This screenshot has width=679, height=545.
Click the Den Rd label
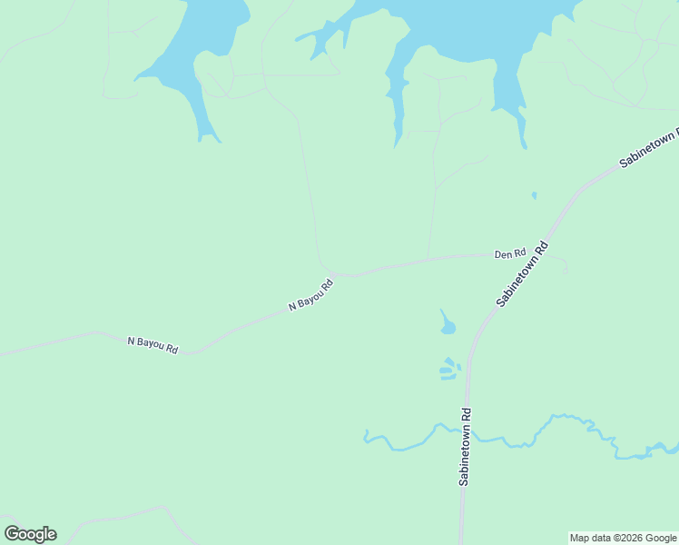coord(509,253)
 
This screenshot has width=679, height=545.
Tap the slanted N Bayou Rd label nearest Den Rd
coord(311,294)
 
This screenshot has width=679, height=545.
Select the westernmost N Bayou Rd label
coord(153,345)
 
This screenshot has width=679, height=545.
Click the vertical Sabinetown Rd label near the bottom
coord(465,447)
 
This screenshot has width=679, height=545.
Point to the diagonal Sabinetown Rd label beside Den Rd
coord(524,272)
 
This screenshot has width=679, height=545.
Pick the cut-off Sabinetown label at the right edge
coord(648,148)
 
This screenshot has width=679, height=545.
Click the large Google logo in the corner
coord(30,534)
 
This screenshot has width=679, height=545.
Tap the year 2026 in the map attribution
coord(626,538)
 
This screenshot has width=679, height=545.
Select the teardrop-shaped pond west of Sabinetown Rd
coord(447,323)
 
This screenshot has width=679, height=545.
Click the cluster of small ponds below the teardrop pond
coord(448,369)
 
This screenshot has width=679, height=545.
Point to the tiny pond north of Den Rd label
coord(534,194)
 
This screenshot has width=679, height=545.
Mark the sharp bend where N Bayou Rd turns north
coord(329,271)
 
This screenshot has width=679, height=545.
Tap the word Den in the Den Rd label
coord(503,254)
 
